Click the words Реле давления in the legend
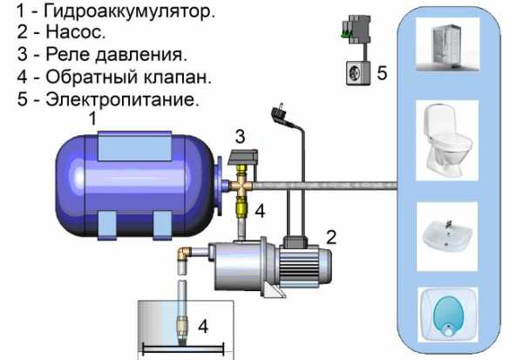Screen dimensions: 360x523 [111, 56]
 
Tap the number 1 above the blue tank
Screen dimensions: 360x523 [93, 117]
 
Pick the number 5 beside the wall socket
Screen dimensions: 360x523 [382, 71]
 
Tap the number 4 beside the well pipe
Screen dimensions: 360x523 [202, 327]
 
